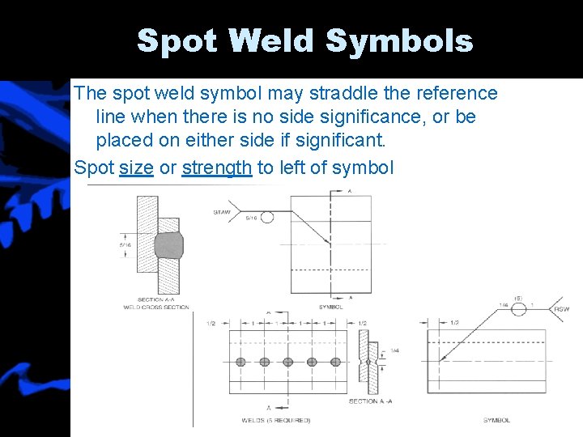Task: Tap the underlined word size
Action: [136, 168]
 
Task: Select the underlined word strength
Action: [217, 168]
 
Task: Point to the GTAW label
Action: [223, 212]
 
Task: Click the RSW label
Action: [561, 309]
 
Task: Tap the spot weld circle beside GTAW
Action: [266, 217]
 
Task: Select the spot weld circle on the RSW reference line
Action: [519, 308]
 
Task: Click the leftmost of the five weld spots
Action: [240, 361]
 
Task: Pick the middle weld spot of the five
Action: [287, 361]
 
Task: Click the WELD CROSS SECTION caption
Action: [156, 308]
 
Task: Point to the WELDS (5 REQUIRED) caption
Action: [275, 420]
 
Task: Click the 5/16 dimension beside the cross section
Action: [125, 244]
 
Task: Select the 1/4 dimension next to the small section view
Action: [395, 350]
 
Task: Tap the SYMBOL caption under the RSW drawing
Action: [496, 420]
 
